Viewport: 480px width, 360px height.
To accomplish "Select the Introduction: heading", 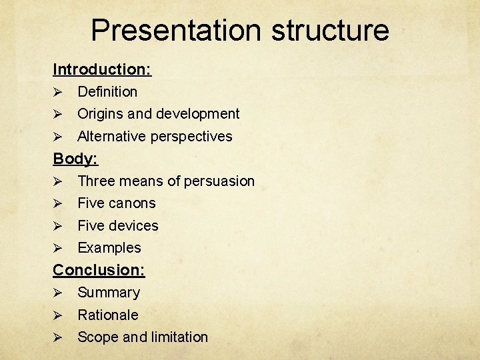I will click(x=102, y=69).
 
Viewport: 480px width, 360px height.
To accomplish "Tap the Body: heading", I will click(x=75, y=159).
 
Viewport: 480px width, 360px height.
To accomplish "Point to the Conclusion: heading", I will click(x=99, y=270).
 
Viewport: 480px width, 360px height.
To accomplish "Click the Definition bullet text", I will click(x=107, y=92).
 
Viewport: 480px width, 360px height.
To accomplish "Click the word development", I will click(x=197, y=114).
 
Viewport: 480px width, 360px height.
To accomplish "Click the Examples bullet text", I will click(x=109, y=248).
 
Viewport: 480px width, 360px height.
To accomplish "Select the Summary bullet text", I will click(x=109, y=293).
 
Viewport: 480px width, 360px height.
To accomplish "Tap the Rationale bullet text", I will click(x=108, y=315).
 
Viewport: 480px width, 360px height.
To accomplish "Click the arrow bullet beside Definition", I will click(x=58, y=92).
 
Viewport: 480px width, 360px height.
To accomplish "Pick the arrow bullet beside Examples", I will click(x=58, y=248).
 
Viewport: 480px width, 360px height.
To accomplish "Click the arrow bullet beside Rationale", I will click(x=58, y=315).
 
